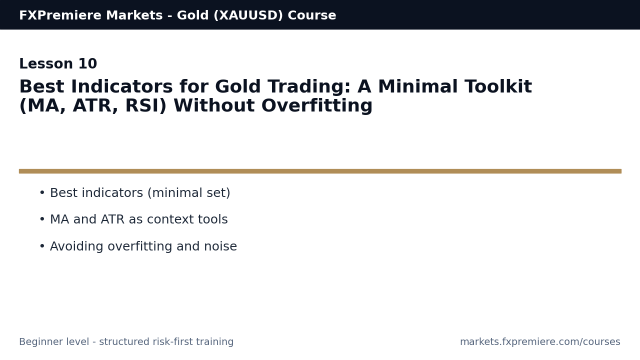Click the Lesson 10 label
pos(58,64)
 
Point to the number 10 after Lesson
pos(87,64)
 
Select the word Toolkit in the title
pos(498,87)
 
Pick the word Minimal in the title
pos(417,87)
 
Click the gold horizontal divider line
pos(320,171)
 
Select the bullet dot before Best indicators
pos(42,193)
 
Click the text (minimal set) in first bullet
pos(188,193)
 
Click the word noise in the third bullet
pos(220,247)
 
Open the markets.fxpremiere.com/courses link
pos(540,342)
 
